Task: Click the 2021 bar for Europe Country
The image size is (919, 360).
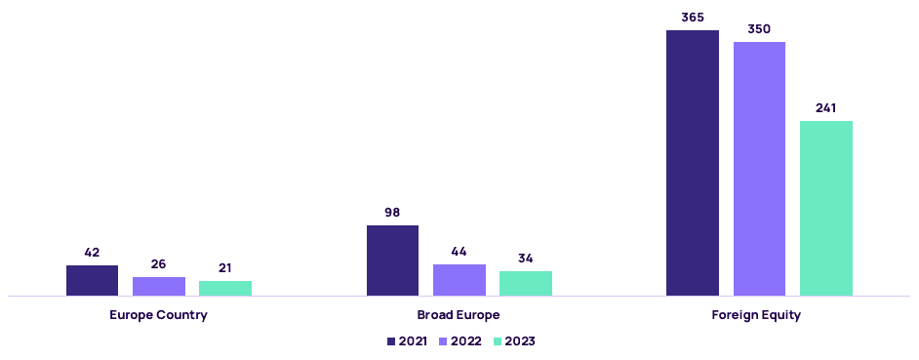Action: [x=92, y=280]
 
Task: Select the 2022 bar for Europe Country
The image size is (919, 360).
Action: [x=159, y=286]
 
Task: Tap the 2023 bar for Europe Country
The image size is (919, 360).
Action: [x=225, y=288]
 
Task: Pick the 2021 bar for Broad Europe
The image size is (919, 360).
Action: [x=393, y=260]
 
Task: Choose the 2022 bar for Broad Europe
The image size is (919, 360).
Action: [x=459, y=280]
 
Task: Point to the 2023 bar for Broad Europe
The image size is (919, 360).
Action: [x=526, y=283]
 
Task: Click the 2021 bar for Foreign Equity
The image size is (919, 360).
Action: [x=693, y=163]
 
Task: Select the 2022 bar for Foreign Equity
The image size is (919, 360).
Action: [x=760, y=169]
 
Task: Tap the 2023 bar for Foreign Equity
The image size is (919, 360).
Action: [x=826, y=208]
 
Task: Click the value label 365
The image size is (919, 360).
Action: [x=693, y=18]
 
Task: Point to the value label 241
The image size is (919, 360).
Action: [x=825, y=108]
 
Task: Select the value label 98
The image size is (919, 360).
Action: [x=393, y=213]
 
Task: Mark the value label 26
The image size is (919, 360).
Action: [x=158, y=263]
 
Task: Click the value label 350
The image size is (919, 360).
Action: [x=759, y=28]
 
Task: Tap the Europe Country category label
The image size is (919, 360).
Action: [x=158, y=315]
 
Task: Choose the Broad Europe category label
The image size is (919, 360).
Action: [x=459, y=315]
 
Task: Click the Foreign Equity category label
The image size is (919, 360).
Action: [x=756, y=315]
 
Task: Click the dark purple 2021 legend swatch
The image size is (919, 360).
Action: [x=391, y=341]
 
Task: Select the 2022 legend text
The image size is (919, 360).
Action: [x=466, y=341]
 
